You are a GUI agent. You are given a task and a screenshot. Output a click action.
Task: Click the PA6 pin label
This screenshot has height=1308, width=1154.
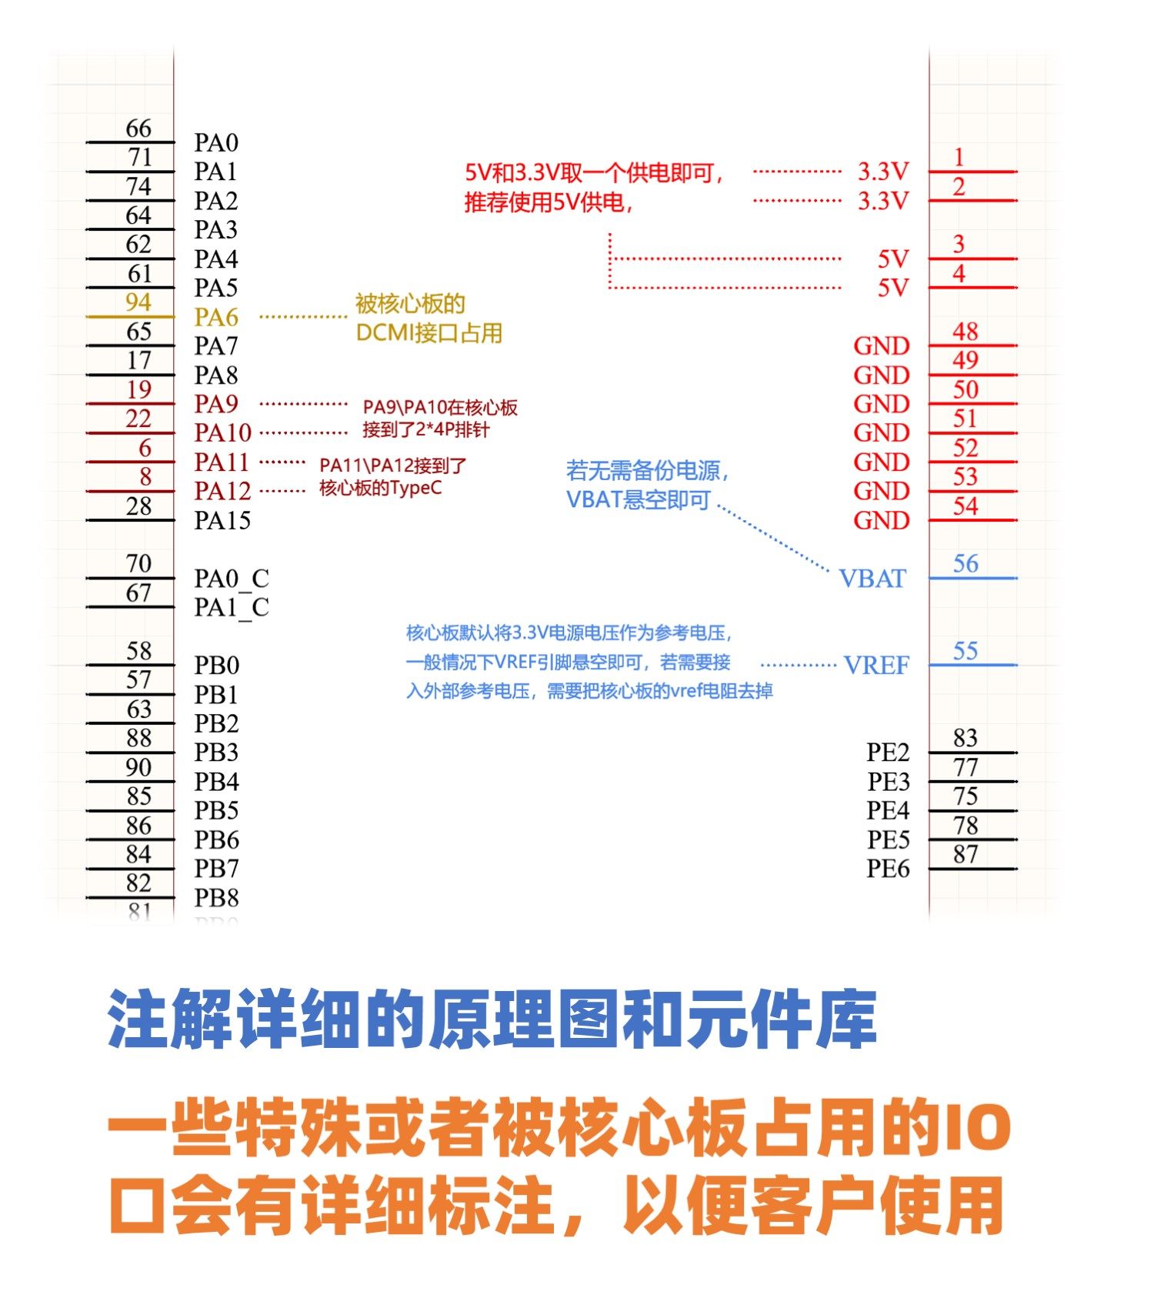point(216,317)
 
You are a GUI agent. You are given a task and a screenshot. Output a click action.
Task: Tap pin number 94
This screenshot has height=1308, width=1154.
point(138,302)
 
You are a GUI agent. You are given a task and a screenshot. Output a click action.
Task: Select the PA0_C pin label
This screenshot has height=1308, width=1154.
point(231,579)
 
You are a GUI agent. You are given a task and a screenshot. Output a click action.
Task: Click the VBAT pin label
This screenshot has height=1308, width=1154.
point(872,579)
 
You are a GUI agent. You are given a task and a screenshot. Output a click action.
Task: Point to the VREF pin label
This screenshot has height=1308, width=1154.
point(876,666)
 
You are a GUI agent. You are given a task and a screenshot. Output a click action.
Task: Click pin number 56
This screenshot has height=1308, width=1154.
point(966,564)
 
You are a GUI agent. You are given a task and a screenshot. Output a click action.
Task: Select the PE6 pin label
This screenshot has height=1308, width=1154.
point(888,869)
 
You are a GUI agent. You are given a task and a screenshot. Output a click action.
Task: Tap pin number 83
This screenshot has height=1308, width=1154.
point(966,738)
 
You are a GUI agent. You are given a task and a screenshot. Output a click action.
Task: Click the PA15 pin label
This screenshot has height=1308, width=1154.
point(222,521)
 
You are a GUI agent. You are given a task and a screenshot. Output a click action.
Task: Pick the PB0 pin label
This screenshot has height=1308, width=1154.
point(216,666)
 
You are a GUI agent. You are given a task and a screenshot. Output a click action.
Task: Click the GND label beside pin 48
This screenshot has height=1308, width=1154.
point(881,346)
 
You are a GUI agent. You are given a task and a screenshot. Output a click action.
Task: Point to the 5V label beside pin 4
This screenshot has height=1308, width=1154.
point(893,288)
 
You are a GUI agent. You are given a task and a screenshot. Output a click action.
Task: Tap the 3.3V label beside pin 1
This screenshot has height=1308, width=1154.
point(883,172)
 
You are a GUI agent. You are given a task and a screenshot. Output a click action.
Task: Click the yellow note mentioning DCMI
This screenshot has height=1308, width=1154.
point(429,319)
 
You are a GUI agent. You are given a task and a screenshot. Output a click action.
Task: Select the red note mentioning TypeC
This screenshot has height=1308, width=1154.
point(392,477)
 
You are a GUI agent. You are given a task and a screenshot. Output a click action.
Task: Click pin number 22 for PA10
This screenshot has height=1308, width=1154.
point(138,419)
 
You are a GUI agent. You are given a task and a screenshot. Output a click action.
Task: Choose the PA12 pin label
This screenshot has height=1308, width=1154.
point(222,492)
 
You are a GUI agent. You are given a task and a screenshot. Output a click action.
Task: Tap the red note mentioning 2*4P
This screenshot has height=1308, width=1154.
point(440,419)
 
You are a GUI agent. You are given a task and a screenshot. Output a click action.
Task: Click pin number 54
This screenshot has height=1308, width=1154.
point(966,506)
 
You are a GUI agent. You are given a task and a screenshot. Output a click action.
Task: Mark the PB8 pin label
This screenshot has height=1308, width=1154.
point(216,898)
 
